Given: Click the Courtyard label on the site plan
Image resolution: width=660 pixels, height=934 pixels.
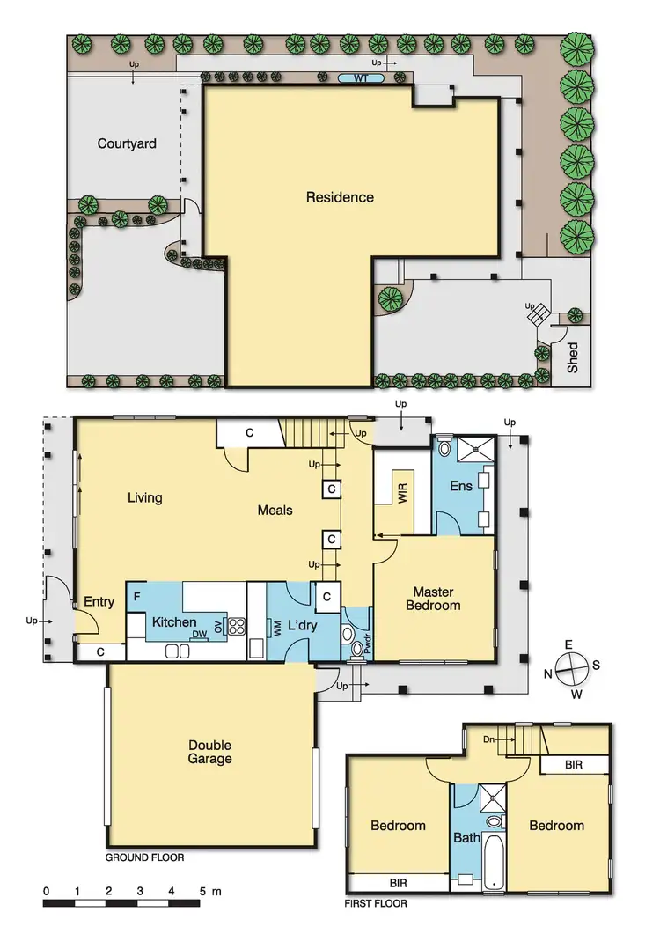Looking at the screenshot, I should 127,143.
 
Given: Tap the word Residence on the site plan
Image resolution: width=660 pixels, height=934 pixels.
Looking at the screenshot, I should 340,197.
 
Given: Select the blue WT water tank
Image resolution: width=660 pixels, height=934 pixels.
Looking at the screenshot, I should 361,79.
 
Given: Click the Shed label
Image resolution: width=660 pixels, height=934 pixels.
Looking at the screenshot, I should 573,357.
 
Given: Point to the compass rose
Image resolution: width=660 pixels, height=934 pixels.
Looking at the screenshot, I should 572,666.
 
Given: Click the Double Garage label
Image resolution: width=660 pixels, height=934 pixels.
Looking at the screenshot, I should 209,752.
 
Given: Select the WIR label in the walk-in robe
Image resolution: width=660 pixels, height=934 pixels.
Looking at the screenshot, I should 403,491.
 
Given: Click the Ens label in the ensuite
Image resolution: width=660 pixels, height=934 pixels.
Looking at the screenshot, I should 461,485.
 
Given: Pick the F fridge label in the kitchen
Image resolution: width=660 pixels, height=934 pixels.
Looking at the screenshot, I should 136,596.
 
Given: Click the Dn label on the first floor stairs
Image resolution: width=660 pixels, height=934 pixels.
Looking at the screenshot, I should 490,739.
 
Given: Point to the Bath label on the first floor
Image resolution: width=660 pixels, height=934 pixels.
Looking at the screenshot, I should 466,837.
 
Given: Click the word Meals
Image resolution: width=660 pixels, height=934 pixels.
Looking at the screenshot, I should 275,510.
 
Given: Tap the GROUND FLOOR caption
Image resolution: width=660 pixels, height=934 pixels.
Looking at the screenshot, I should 144,857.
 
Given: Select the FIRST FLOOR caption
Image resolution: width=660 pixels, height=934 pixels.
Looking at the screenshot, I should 377,903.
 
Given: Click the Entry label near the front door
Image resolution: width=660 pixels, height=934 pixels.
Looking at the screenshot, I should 99,602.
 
